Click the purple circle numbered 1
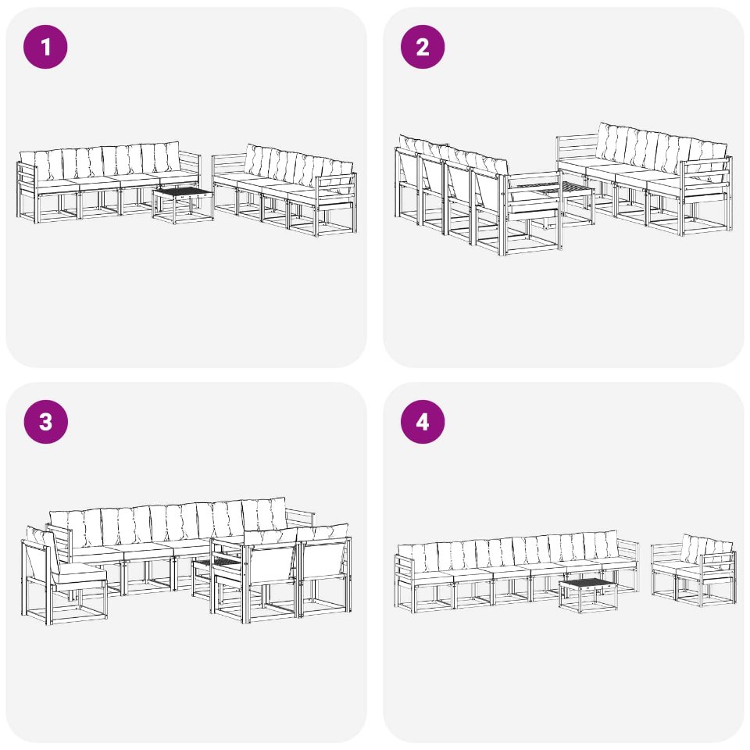pyautogui.click(x=45, y=47)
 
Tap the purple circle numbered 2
pyautogui.click(x=423, y=47)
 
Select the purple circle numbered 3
pyautogui.click(x=45, y=422)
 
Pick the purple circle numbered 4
pyautogui.click(x=423, y=422)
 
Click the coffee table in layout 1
pyautogui.click(x=183, y=205)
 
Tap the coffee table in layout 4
pyautogui.click(x=587, y=595)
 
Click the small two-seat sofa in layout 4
pyautogui.click(x=694, y=570)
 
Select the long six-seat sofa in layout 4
pyautogui.click(x=516, y=570)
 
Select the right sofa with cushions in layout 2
pyautogui.click(x=643, y=177)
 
